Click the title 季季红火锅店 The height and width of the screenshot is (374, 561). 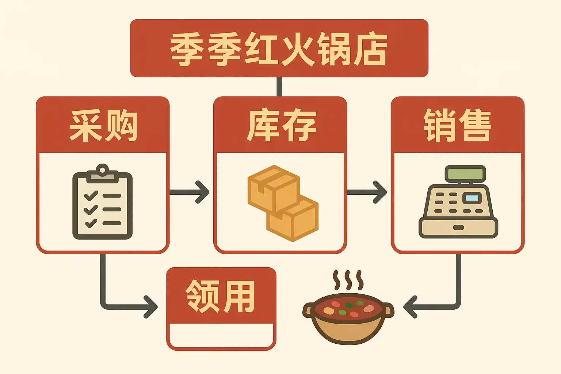(x=279, y=49)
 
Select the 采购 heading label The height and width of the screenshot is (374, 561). (x=103, y=125)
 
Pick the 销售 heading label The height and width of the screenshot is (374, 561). (x=457, y=125)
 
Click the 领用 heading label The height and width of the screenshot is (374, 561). (x=220, y=296)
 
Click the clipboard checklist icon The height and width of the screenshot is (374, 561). (x=102, y=205)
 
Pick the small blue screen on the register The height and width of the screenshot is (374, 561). (x=472, y=198)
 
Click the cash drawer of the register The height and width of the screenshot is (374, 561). (x=458, y=228)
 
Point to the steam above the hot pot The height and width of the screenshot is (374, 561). (x=348, y=280)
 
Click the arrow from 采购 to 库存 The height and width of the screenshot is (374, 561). (x=190, y=192)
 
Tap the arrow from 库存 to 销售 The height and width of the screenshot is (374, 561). (x=367, y=192)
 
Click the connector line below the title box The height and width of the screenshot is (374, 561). (x=279, y=87)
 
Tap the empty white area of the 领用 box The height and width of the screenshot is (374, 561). (x=221, y=335)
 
